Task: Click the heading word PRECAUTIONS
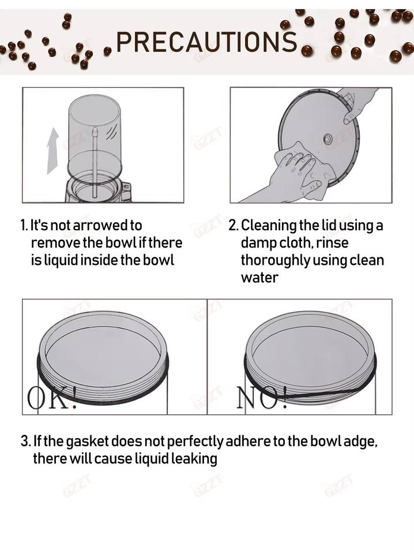[x=206, y=42]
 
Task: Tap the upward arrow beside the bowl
[x=53, y=151]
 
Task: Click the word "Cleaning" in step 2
[x=269, y=226]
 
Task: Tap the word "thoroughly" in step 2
[x=276, y=261]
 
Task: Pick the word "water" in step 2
[x=259, y=278]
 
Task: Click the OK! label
[x=52, y=398]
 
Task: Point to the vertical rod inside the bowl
[x=95, y=163]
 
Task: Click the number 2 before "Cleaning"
[x=233, y=226]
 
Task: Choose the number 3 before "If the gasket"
[x=25, y=441]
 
